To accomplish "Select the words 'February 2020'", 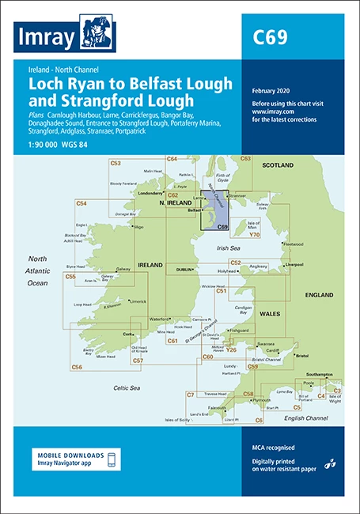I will [273, 91].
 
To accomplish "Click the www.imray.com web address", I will [274, 112].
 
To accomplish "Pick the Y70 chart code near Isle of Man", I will [254, 235].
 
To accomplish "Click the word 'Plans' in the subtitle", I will [38, 116].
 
